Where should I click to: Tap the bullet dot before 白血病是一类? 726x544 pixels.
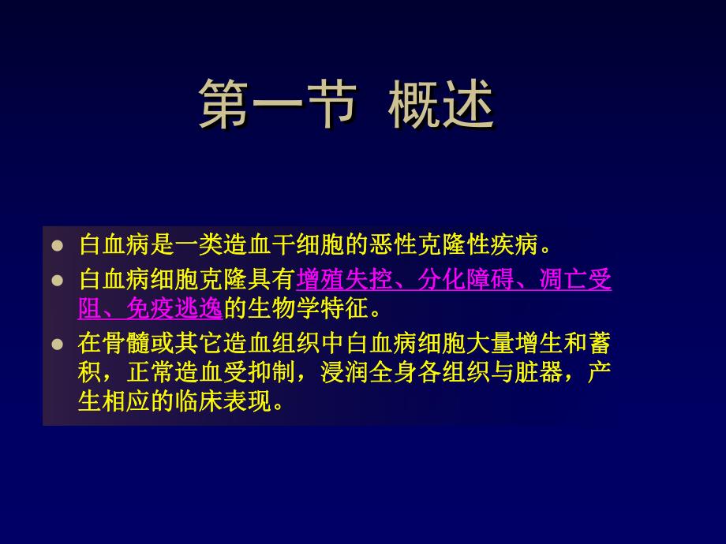point(57,245)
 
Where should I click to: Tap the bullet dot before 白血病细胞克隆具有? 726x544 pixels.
point(57,280)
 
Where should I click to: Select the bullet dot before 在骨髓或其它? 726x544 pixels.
point(57,345)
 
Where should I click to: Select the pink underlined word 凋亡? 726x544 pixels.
point(556,280)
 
